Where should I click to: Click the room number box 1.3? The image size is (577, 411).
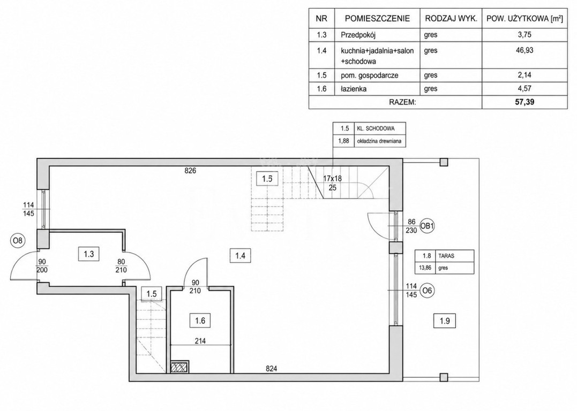[89, 254]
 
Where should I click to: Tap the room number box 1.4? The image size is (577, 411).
[241, 255]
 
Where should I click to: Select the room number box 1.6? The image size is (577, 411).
[200, 321]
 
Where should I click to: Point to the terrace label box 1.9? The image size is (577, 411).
[445, 321]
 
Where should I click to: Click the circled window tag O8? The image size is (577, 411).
[18, 241]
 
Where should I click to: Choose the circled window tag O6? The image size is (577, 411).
[427, 291]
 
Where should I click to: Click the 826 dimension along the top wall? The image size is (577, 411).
[191, 171]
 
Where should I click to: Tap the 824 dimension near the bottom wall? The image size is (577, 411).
[271, 368]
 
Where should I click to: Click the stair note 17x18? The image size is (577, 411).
[332, 178]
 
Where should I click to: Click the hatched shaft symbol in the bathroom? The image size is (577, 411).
[181, 367]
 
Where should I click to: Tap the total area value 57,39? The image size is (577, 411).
[524, 102]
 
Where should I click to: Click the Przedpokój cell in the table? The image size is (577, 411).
[358, 35]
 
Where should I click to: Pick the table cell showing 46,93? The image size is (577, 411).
[524, 50]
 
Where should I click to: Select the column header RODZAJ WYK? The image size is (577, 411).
[451, 19]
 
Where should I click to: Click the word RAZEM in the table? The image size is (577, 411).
[402, 102]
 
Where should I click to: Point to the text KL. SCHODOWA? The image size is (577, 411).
[376, 128]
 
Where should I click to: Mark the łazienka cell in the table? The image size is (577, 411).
[354, 89]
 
